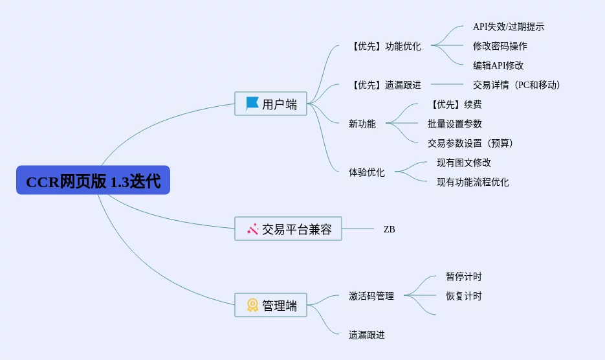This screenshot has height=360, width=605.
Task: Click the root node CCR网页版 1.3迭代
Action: (x=93, y=181)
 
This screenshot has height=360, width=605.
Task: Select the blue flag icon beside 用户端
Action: (x=252, y=104)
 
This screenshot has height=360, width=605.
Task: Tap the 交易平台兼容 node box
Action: (x=288, y=229)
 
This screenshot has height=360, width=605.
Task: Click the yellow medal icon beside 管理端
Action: (x=252, y=305)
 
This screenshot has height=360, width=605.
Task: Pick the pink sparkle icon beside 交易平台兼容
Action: (x=252, y=229)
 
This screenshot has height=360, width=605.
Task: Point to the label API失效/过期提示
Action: (x=508, y=27)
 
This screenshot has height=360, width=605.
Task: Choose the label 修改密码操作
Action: (x=500, y=47)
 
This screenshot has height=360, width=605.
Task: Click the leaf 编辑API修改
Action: (x=498, y=65)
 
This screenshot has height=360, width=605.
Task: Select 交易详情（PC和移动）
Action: (x=516, y=85)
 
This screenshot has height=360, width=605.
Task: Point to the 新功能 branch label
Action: (x=362, y=124)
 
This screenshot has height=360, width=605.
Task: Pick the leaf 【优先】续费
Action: (x=454, y=104)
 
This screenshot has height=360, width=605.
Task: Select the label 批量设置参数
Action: (x=454, y=124)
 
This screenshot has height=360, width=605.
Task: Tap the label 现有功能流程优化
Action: (x=472, y=182)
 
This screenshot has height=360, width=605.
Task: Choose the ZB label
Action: (x=389, y=229)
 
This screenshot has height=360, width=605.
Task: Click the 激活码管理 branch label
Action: (x=371, y=296)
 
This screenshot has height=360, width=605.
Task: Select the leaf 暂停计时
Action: (x=463, y=276)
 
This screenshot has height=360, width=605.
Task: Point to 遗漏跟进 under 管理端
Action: (x=366, y=335)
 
